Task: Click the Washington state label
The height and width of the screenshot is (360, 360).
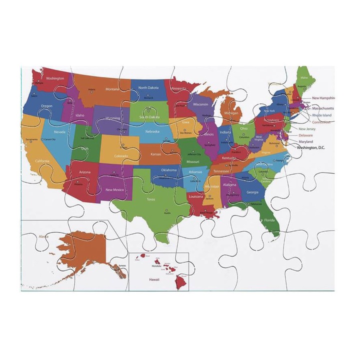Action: tap(55, 78)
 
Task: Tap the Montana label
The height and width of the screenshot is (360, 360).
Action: tap(112, 89)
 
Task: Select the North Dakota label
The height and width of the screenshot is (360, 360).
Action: tap(148, 87)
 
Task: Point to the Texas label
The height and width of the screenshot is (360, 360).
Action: tap(151, 199)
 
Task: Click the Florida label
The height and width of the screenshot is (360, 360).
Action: tap(269, 220)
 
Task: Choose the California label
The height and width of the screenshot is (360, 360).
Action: tap(42, 161)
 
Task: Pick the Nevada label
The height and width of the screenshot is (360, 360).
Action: tap(59, 132)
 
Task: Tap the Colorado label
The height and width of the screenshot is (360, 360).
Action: tap(120, 156)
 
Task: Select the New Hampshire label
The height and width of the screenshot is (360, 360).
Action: tap(323, 98)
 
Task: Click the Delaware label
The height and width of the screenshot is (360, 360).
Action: tap(306, 135)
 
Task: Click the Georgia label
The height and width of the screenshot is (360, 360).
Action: tap(252, 192)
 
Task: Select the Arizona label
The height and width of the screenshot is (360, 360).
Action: tap(85, 172)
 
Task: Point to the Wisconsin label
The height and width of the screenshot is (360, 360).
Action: tap(200, 104)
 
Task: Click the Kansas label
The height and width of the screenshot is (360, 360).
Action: tap(156, 154)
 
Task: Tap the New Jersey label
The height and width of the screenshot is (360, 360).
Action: tap(307, 129)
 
